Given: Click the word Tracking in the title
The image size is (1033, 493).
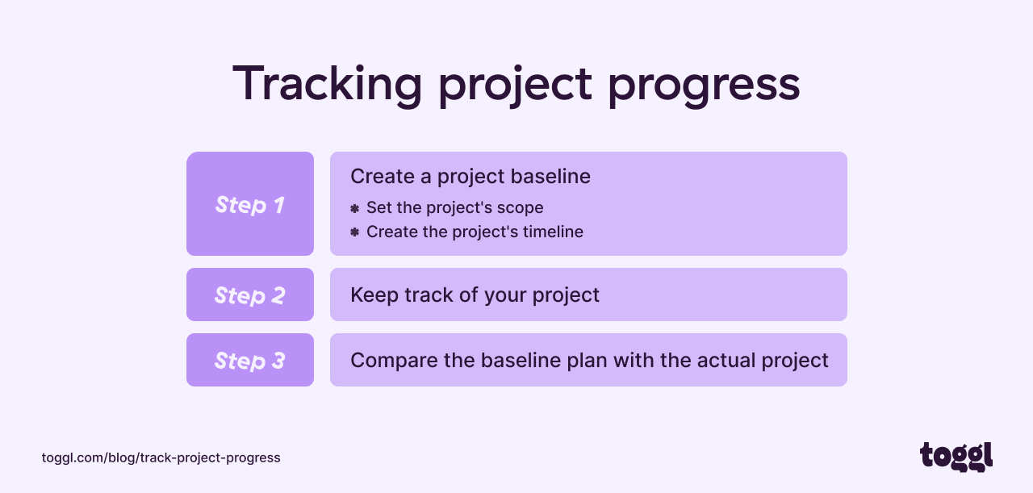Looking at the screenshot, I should click(x=327, y=83).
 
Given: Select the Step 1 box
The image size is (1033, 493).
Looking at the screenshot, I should click(x=250, y=204).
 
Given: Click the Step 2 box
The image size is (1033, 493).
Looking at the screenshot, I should click(x=250, y=295).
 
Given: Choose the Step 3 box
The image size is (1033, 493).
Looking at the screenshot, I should click(x=250, y=361).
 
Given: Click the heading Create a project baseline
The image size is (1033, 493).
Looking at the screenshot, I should click(x=470, y=177).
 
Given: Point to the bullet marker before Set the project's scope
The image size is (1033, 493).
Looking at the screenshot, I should click(x=354, y=208).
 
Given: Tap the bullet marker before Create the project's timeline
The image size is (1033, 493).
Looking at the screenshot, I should click(x=354, y=232).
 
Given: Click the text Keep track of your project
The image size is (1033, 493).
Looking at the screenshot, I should click(x=475, y=295).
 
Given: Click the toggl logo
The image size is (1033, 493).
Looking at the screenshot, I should click(x=956, y=457).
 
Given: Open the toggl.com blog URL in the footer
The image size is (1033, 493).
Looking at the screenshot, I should click(x=161, y=457).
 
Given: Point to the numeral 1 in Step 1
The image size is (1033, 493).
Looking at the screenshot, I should click(x=278, y=205).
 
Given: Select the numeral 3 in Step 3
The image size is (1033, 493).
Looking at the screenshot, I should click(x=278, y=361).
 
